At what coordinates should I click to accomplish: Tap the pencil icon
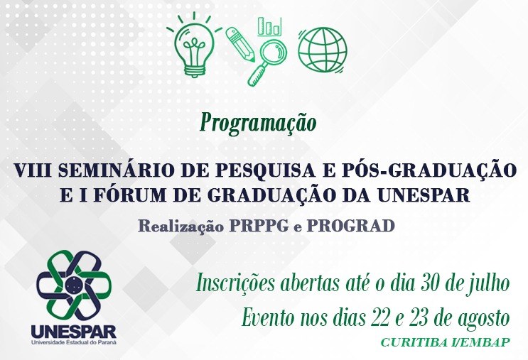pyautogui.click(x=239, y=44)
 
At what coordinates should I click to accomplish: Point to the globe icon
pyautogui.click(x=323, y=50)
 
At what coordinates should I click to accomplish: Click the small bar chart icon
pyautogui.click(x=269, y=26)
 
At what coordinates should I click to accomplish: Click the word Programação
pyautogui.click(x=258, y=123)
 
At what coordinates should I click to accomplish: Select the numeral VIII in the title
pyautogui.click(x=32, y=170)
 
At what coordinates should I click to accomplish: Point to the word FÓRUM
pyautogui.click(x=129, y=195)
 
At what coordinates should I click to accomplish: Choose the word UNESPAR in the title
pyautogui.click(x=424, y=195)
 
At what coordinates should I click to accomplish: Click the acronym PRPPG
pyautogui.click(x=259, y=226)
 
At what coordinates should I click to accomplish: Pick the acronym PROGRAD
pyautogui.click(x=350, y=226)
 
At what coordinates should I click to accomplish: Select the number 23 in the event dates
pyautogui.click(x=419, y=318)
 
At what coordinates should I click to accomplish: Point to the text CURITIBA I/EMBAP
pyautogui.click(x=445, y=342)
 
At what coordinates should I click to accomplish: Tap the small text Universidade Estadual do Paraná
pyautogui.click(x=74, y=342)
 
